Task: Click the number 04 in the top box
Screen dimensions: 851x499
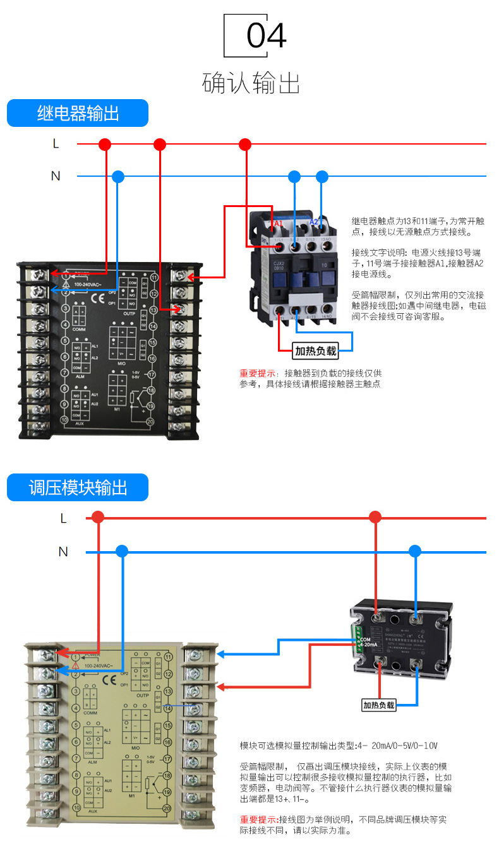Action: (x=266, y=36)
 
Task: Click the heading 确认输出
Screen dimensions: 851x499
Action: (x=251, y=83)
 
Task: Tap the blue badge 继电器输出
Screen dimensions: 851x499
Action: (x=78, y=114)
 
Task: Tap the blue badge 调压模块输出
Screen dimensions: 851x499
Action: (x=78, y=488)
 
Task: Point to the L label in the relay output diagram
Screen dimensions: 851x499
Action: (x=56, y=144)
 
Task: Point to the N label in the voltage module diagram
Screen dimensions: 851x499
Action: (x=63, y=552)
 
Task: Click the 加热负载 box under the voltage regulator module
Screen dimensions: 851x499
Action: (x=378, y=705)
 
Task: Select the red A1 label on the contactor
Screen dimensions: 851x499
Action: (x=277, y=223)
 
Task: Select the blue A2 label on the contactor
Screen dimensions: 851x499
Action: (x=314, y=222)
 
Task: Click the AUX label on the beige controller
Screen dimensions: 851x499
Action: (x=92, y=811)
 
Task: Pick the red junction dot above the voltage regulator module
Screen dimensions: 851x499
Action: (x=375, y=518)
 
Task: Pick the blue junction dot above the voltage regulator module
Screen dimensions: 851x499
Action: (x=414, y=551)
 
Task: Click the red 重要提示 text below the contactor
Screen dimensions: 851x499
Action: (x=257, y=373)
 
